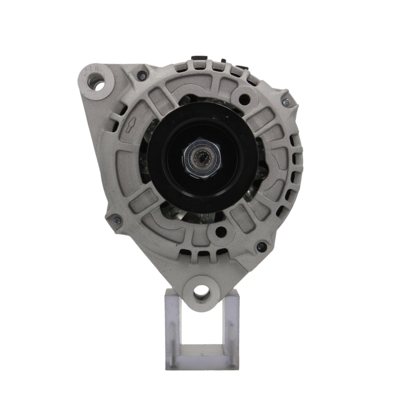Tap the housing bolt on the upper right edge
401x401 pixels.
[x=286, y=102]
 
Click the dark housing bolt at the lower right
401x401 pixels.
[x=261, y=247]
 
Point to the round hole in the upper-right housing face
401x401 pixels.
[x=244, y=99]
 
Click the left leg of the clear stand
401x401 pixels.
[x=172, y=329]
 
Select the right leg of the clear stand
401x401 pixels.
[x=233, y=329]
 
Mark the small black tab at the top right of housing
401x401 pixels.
[x=241, y=67]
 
